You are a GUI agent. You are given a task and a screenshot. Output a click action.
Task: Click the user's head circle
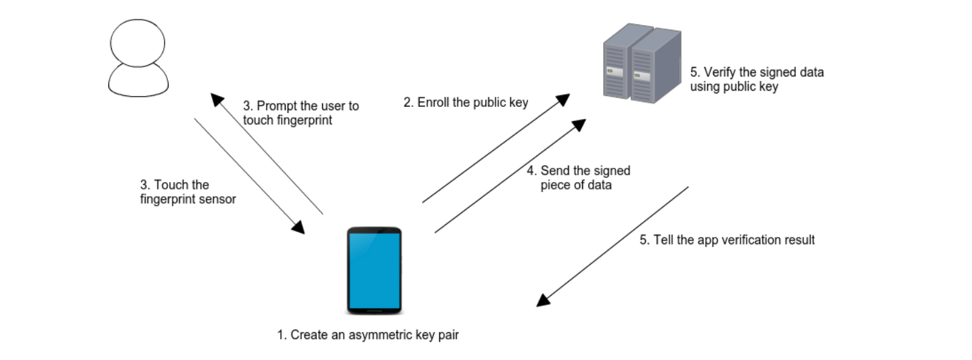click(x=137, y=43)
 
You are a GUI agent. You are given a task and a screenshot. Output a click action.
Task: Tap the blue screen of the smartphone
click(x=374, y=270)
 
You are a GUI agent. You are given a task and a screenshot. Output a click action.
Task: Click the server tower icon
click(x=642, y=64)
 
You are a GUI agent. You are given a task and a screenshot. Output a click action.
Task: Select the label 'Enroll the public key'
click(x=472, y=102)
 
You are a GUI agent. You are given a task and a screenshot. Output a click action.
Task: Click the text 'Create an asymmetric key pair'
click(x=374, y=335)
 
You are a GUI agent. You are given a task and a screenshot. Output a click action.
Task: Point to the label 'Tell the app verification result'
click(x=734, y=240)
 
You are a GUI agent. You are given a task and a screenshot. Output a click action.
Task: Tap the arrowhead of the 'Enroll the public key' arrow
click(x=562, y=99)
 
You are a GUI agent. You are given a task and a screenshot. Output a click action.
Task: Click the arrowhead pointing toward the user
click(x=217, y=99)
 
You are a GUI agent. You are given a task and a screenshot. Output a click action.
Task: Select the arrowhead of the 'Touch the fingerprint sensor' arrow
click(x=298, y=227)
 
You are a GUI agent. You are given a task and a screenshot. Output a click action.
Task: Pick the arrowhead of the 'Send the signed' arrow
click(x=579, y=125)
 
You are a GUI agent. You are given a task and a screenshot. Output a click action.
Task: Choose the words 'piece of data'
click(x=576, y=185)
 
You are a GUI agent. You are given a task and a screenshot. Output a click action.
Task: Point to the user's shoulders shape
click(x=139, y=81)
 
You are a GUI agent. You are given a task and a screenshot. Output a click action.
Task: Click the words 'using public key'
click(x=734, y=87)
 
